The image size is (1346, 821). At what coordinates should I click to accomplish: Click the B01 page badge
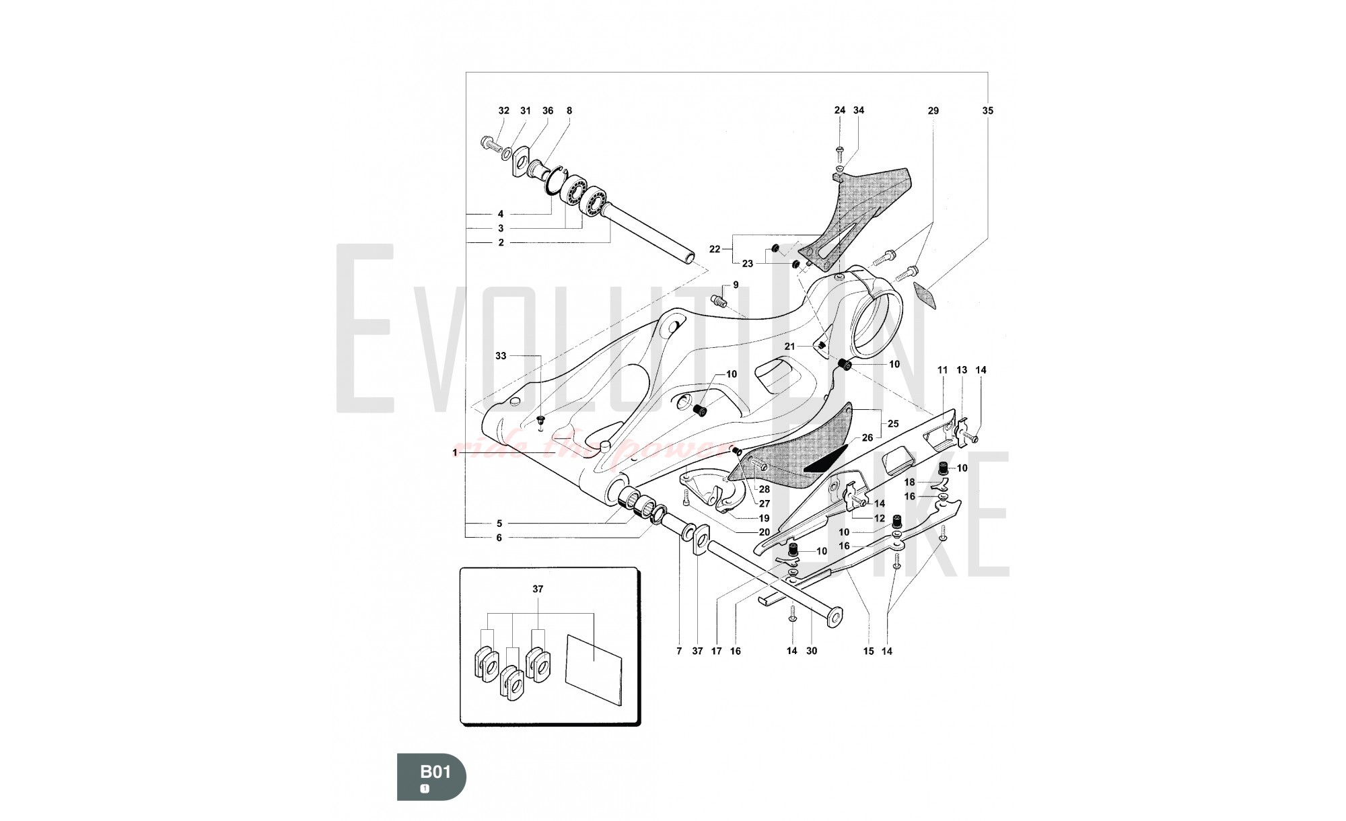431,775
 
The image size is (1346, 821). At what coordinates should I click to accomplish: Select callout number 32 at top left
504,110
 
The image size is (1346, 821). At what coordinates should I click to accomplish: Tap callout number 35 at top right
987,110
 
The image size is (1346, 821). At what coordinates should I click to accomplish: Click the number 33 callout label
501,355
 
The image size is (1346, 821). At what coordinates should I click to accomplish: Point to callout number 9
736,285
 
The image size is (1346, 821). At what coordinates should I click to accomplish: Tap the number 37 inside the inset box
538,589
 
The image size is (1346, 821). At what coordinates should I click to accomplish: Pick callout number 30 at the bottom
812,651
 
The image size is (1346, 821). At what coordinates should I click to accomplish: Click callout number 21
790,347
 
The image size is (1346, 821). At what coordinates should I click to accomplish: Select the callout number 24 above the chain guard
840,110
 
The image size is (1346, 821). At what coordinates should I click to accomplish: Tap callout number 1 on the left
455,453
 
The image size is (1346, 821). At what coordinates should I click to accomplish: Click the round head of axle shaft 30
835,615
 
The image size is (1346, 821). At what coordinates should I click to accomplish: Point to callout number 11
942,370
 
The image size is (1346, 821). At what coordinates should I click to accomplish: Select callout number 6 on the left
499,538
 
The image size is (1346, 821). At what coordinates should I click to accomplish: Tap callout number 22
715,249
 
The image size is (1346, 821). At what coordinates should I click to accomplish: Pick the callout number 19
764,518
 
